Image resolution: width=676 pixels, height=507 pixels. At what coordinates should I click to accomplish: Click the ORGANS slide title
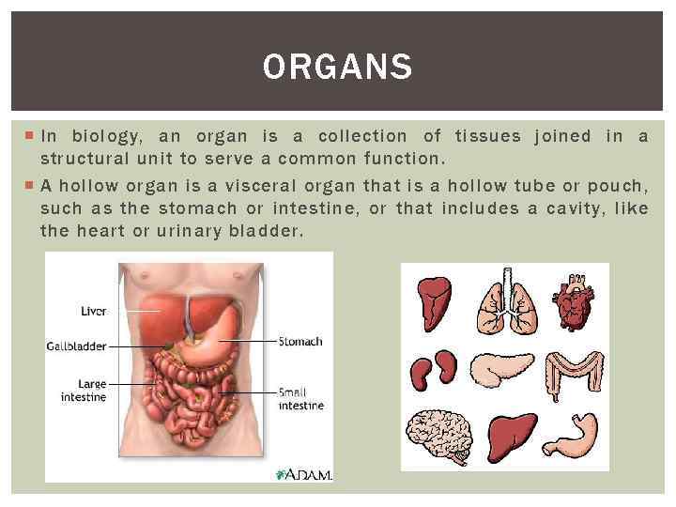click(337, 67)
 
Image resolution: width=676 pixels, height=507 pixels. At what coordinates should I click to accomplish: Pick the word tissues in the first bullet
click(487, 136)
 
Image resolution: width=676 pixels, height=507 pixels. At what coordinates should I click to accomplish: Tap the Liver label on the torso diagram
click(94, 311)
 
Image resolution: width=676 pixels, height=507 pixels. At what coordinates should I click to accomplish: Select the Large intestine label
click(84, 391)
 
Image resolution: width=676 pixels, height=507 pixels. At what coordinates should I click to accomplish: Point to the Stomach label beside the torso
click(300, 341)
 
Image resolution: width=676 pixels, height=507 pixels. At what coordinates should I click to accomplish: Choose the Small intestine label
click(300, 398)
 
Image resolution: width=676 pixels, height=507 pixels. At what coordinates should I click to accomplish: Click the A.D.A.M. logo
click(302, 473)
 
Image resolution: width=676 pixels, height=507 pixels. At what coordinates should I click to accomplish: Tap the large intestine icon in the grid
click(575, 372)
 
